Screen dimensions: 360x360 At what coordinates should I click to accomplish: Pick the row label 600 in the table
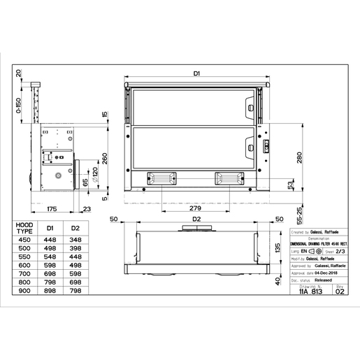(24, 264)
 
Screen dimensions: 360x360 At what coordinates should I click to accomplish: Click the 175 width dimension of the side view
(52, 208)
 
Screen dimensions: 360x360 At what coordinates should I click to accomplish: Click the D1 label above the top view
(197, 73)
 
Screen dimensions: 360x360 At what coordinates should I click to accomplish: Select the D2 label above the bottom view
(197, 219)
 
